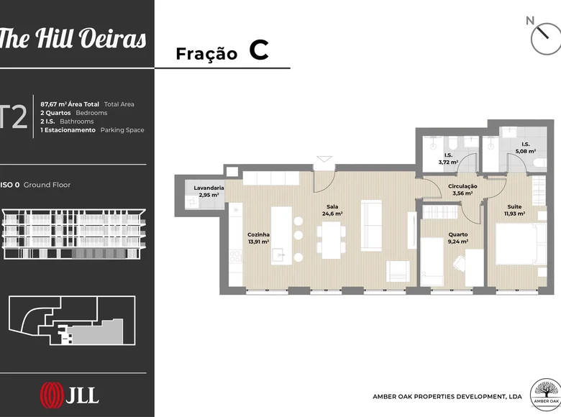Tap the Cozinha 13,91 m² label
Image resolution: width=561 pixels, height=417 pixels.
click(258, 238)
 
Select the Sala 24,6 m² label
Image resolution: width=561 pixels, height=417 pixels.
click(332, 210)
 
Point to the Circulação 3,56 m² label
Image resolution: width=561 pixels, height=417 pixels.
click(462, 190)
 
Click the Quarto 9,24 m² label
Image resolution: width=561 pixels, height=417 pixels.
click(458, 238)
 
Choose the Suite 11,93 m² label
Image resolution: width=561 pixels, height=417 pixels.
click(514, 210)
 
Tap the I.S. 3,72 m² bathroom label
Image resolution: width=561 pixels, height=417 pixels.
click(448, 159)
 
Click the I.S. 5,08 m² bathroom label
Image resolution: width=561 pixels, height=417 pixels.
click(526, 147)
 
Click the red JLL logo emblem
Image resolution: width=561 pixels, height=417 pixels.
click(52, 395)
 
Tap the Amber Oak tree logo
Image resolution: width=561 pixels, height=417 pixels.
click(545, 395)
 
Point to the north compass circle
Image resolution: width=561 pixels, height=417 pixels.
click(546, 40)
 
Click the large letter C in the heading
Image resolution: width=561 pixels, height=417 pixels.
click(259, 50)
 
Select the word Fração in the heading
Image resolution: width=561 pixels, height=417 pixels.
click(206, 54)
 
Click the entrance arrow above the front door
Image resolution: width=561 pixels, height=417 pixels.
click(324, 159)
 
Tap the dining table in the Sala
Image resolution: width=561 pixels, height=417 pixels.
click(332, 240)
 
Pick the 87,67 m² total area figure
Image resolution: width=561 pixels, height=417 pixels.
click(54, 104)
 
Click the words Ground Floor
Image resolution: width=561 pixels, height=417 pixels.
click(47, 185)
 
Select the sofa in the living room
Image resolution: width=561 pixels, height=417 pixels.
click(371, 225)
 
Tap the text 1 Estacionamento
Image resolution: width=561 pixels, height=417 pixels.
click(68, 130)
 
